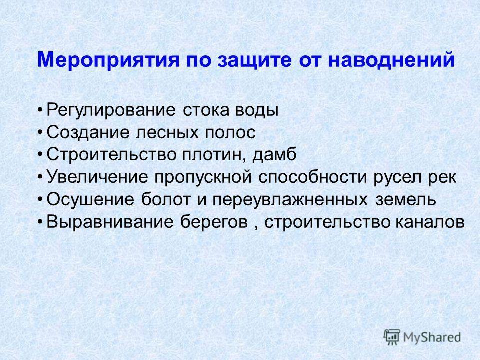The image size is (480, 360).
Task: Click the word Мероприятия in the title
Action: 108,60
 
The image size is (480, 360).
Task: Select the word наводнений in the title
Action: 391,59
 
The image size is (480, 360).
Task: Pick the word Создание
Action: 87,133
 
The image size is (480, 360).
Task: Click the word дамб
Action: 274,155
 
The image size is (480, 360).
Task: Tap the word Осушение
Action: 90,200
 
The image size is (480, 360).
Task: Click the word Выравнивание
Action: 110,222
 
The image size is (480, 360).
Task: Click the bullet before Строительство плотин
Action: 40,155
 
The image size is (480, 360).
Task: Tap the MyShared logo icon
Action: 392,337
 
